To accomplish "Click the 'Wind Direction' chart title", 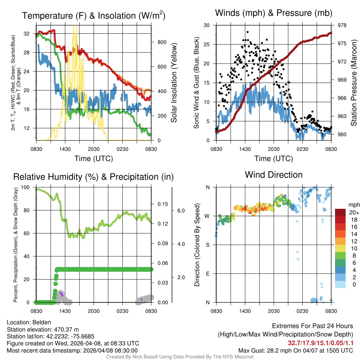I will click(274, 175).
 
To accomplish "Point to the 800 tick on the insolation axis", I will click(162, 42).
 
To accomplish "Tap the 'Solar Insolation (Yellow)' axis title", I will click(174, 83).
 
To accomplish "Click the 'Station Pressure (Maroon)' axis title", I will click(354, 83).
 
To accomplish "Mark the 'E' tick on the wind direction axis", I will click(208, 274).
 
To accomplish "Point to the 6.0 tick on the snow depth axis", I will click(180, 211).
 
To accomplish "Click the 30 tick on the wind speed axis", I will click(207, 25).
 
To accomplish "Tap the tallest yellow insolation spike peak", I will click(73, 26).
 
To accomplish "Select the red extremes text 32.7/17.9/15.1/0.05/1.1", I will click(321, 343).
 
